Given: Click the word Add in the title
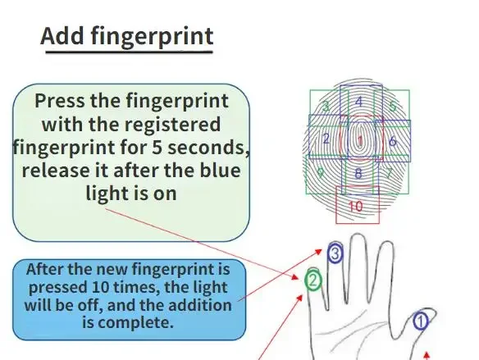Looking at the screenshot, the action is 62,36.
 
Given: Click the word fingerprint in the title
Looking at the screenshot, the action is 152,37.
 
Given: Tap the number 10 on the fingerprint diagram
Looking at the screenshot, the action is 356,207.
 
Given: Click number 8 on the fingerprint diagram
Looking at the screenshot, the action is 358,174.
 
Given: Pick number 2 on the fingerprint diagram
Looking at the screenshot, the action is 326,139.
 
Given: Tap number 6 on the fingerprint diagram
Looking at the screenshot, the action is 393,141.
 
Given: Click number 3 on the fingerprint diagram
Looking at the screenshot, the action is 326,107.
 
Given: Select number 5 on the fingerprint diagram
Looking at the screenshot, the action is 393,106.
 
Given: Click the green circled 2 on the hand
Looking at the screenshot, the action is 313,280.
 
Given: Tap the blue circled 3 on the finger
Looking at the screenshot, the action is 335,253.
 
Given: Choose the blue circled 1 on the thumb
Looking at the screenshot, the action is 421,321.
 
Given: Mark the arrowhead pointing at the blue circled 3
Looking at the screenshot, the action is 318,252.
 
